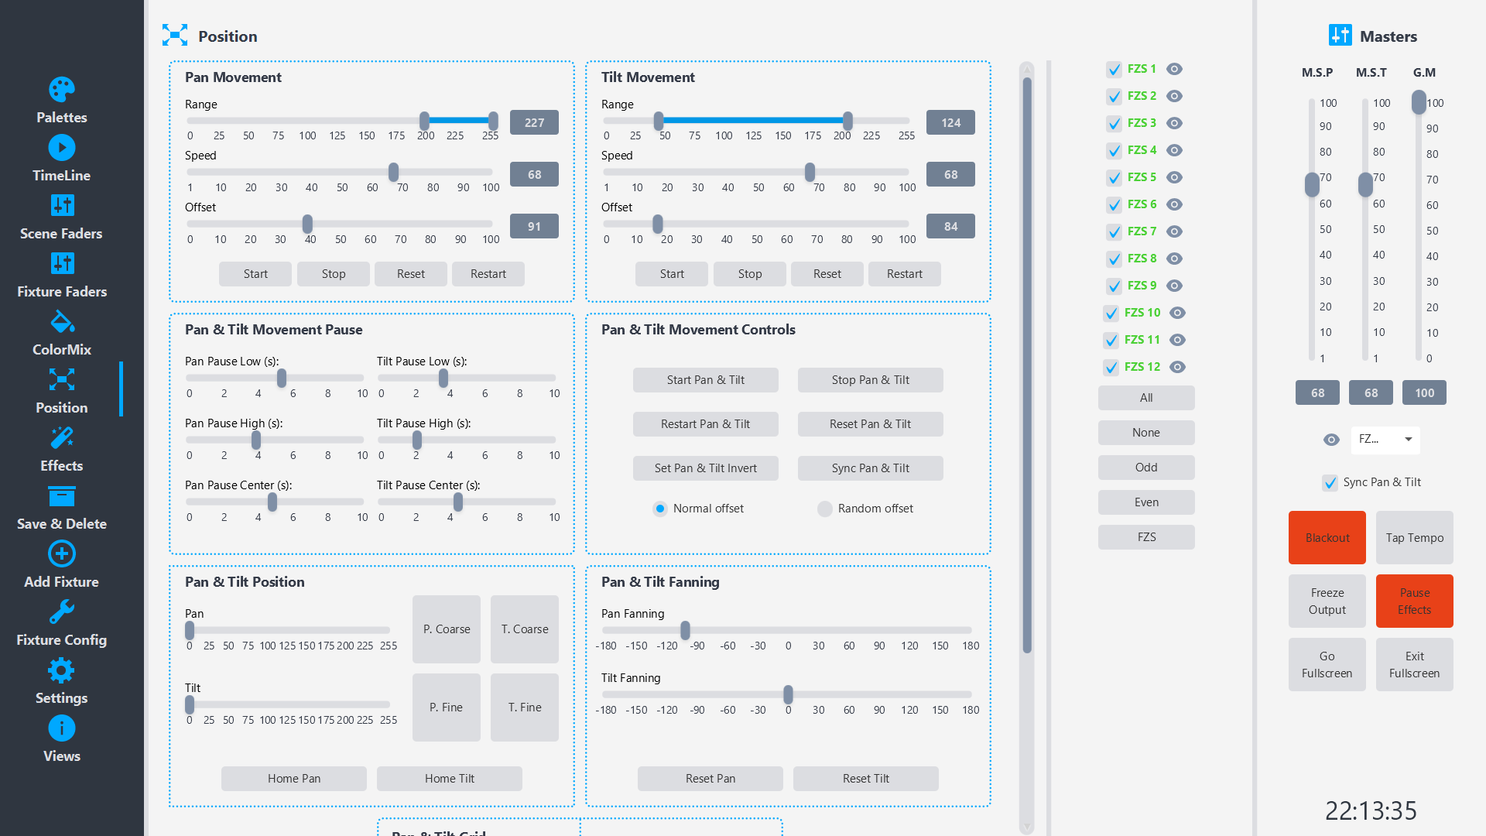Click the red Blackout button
1327,537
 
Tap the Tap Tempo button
1414,537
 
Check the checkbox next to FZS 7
1114,231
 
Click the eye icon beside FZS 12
1177,367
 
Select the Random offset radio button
825,509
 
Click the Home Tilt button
449,778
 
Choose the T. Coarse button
524,629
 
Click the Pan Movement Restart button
488,274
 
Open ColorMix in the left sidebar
62,333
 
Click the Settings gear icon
62,670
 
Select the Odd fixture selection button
1145,468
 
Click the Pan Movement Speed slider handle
393,172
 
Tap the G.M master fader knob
1419,102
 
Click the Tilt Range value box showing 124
950,122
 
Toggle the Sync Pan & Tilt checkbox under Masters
1330,482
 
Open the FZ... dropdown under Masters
1385,440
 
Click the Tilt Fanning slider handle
788,694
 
